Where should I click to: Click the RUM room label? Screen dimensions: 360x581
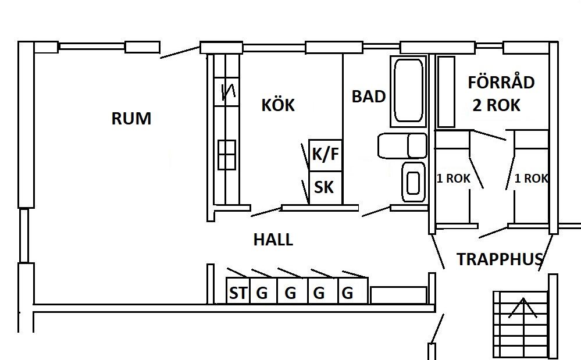(x=131, y=119)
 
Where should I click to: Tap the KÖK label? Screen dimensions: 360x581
(x=277, y=106)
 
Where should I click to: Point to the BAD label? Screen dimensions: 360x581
(x=369, y=97)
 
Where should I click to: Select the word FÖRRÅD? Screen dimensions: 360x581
(x=501, y=83)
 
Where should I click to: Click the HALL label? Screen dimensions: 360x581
(x=273, y=240)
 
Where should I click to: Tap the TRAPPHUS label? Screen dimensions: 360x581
(x=500, y=259)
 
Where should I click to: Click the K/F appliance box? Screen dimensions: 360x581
(x=325, y=155)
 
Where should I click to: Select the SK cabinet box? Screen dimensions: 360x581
(x=325, y=187)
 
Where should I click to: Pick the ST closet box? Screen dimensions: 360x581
(x=237, y=293)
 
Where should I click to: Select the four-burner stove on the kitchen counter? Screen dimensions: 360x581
(x=227, y=154)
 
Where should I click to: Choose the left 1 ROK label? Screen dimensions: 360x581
(x=454, y=179)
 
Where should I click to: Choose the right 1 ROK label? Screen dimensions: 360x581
(x=531, y=179)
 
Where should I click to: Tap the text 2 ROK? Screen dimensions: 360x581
(x=496, y=105)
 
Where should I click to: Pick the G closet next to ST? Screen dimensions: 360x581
(x=262, y=293)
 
